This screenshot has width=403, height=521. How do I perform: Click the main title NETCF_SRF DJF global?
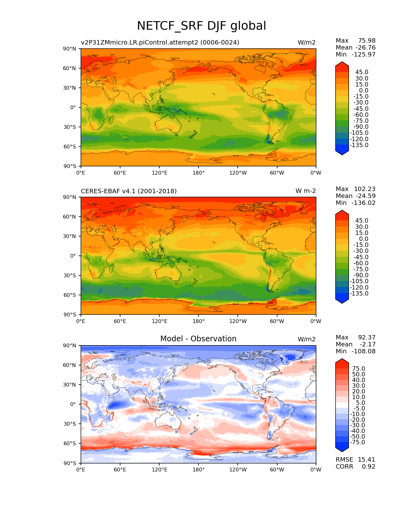(x=201, y=26)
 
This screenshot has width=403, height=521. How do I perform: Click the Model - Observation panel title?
(x=198, y=339)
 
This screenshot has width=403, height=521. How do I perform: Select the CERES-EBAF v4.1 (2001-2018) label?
(x=129, y=191)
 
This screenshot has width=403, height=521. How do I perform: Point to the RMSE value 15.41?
(x=366, y=459)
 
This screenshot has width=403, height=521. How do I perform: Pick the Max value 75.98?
(x=367, y=41)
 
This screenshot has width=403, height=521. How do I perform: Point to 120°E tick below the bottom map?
(x=159, y=470)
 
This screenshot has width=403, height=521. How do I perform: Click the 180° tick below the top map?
(x=198, y=173)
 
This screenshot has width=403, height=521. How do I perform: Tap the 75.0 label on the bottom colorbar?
(x=359, y=369)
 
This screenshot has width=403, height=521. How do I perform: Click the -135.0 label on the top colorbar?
(x=359, y=145)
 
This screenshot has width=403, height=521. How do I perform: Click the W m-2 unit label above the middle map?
(x=305, y=191)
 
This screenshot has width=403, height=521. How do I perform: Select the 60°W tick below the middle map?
(x=277, y=321)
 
